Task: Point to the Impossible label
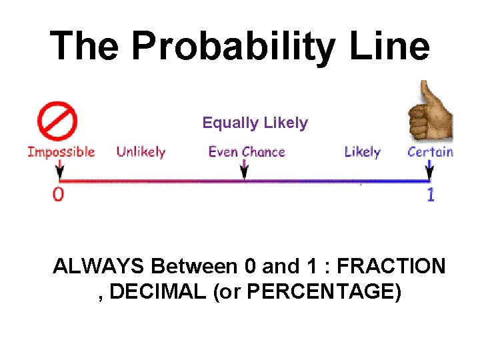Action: [x=61, y=152]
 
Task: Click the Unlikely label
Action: [x=141, y=152]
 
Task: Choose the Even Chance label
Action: [x=247, y=152]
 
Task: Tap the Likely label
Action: [x=362, y=152]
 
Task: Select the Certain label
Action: [x=430, y=152]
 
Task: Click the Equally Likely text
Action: [x=255, y=123]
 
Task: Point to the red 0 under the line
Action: [x=59, y=195]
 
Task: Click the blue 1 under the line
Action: [x=431, y=195]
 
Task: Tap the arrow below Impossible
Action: [x=59, y=171]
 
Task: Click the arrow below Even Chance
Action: [x=245, y=169]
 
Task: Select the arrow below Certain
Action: [x=430, y=171]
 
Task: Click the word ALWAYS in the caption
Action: [x=99, y=267]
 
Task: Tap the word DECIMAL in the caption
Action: [x=157, y=292]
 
